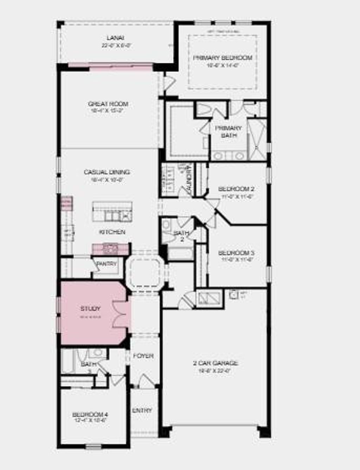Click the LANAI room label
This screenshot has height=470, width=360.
point(115,38)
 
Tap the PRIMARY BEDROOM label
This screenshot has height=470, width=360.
point(223,58)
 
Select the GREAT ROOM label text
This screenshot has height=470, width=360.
point(108,104)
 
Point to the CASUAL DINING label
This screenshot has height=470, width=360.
point(107,172)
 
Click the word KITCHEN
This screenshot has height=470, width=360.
point(112,232)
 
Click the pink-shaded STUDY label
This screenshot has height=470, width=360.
point(90,309)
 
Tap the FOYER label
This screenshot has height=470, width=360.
point(143,356)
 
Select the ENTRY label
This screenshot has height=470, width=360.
point(142,410)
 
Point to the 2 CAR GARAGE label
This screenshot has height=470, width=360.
point(215,363)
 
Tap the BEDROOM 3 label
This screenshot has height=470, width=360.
point(236,253)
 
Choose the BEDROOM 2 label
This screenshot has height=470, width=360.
point(236,189)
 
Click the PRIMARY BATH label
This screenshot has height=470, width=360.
point(229,131)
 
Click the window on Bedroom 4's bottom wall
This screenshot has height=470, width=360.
point(94,447)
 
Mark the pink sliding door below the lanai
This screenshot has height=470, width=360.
point(110,65)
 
